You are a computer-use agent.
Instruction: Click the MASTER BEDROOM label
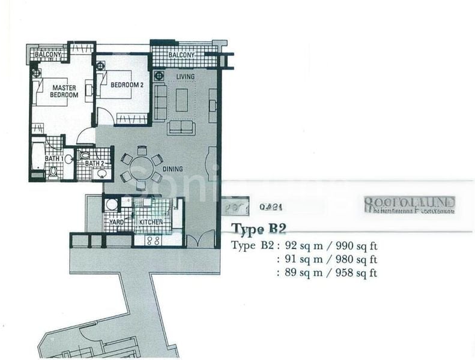click(x=64, y=91)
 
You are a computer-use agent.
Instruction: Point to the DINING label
click(x=172, y=169)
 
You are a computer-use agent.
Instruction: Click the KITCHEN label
click(x=151, y=223)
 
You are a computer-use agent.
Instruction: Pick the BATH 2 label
click(x=95, y=163)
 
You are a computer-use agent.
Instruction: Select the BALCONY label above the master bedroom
click(x=46, y=55)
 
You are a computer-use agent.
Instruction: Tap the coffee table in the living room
click(x=181, y=100)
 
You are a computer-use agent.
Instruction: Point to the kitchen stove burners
click(x=152, y=241)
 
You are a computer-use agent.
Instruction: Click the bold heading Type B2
click(x=258, y=229)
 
